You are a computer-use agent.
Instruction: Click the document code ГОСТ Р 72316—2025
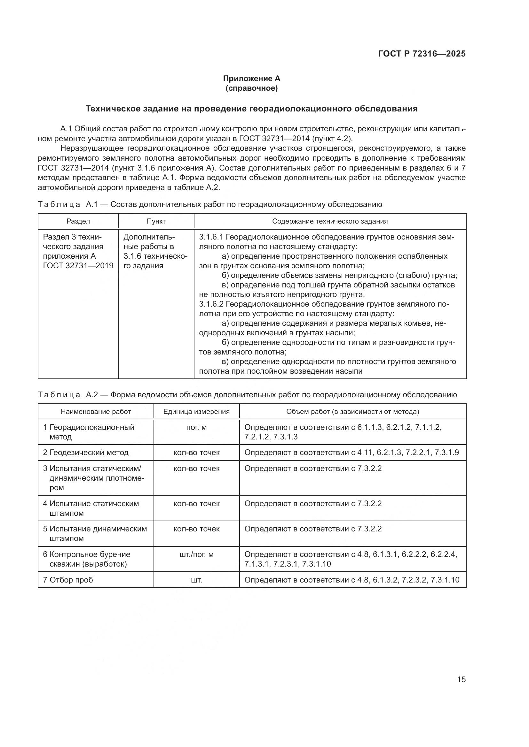click(x=422, y=54)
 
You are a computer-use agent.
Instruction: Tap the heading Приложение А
click(x=251, y=79)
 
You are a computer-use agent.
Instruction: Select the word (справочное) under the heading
click(x=251, y=88)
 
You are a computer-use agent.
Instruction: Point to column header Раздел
click(x=78, y=221)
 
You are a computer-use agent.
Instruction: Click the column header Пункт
click(x=156, y=221)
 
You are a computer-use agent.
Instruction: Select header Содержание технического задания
click(x=330, y=221)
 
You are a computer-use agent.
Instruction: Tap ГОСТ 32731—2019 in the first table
click(x=78, y=266)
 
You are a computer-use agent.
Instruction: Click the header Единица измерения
click(x=196, y=412)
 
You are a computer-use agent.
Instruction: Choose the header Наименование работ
click(x=96, y=412)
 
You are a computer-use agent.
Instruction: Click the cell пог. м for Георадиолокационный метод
click(x=196, y=427)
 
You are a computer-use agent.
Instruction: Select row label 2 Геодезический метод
click(x=86, y=453)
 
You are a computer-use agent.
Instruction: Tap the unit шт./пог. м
click(x=196, y=554)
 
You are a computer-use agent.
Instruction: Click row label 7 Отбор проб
click(x=68, y=580)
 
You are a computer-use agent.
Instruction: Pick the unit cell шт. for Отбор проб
click(x=196, y=580)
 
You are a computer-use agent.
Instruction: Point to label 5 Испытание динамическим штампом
click(x=95, y=534)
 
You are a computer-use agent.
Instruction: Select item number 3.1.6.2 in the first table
click(x=211, y=304)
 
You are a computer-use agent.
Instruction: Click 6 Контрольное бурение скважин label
click(x=87, y=559)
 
